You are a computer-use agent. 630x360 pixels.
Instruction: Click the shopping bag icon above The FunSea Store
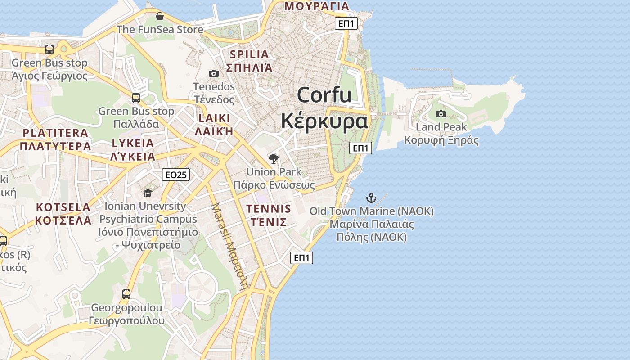pos(159,17)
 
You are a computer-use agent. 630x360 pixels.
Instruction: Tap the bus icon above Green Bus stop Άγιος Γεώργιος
pos(49,49)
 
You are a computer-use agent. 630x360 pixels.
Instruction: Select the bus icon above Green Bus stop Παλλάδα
pos(136,98)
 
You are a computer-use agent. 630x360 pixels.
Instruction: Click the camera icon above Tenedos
pos(214,73)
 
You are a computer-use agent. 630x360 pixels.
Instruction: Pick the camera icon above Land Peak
pos(441,114)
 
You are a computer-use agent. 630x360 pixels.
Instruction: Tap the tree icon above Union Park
pos(273,158)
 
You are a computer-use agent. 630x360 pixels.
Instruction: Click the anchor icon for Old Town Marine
pos(371,198)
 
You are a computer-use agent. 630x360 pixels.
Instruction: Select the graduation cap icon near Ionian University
pos(148,193)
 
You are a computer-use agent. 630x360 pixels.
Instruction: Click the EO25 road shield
pos(176,175)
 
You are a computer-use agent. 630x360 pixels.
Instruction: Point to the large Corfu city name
pos(324,95)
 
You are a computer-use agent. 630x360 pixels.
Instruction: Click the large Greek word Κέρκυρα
pos(324,121)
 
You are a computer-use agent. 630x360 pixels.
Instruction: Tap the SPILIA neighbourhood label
pos(249,54)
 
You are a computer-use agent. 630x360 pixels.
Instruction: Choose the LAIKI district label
pos(214,118)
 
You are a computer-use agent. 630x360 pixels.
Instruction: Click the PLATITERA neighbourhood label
pos(55,133)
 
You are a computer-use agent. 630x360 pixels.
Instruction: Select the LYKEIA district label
pos(133,143)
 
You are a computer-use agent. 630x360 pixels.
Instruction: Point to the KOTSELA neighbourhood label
pos(63,207)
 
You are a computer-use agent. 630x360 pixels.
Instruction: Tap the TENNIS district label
pos(269,209)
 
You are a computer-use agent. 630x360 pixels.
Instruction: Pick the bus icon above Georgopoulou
pos(126,294)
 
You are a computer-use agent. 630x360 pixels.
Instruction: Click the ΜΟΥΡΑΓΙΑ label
pos(317,6)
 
